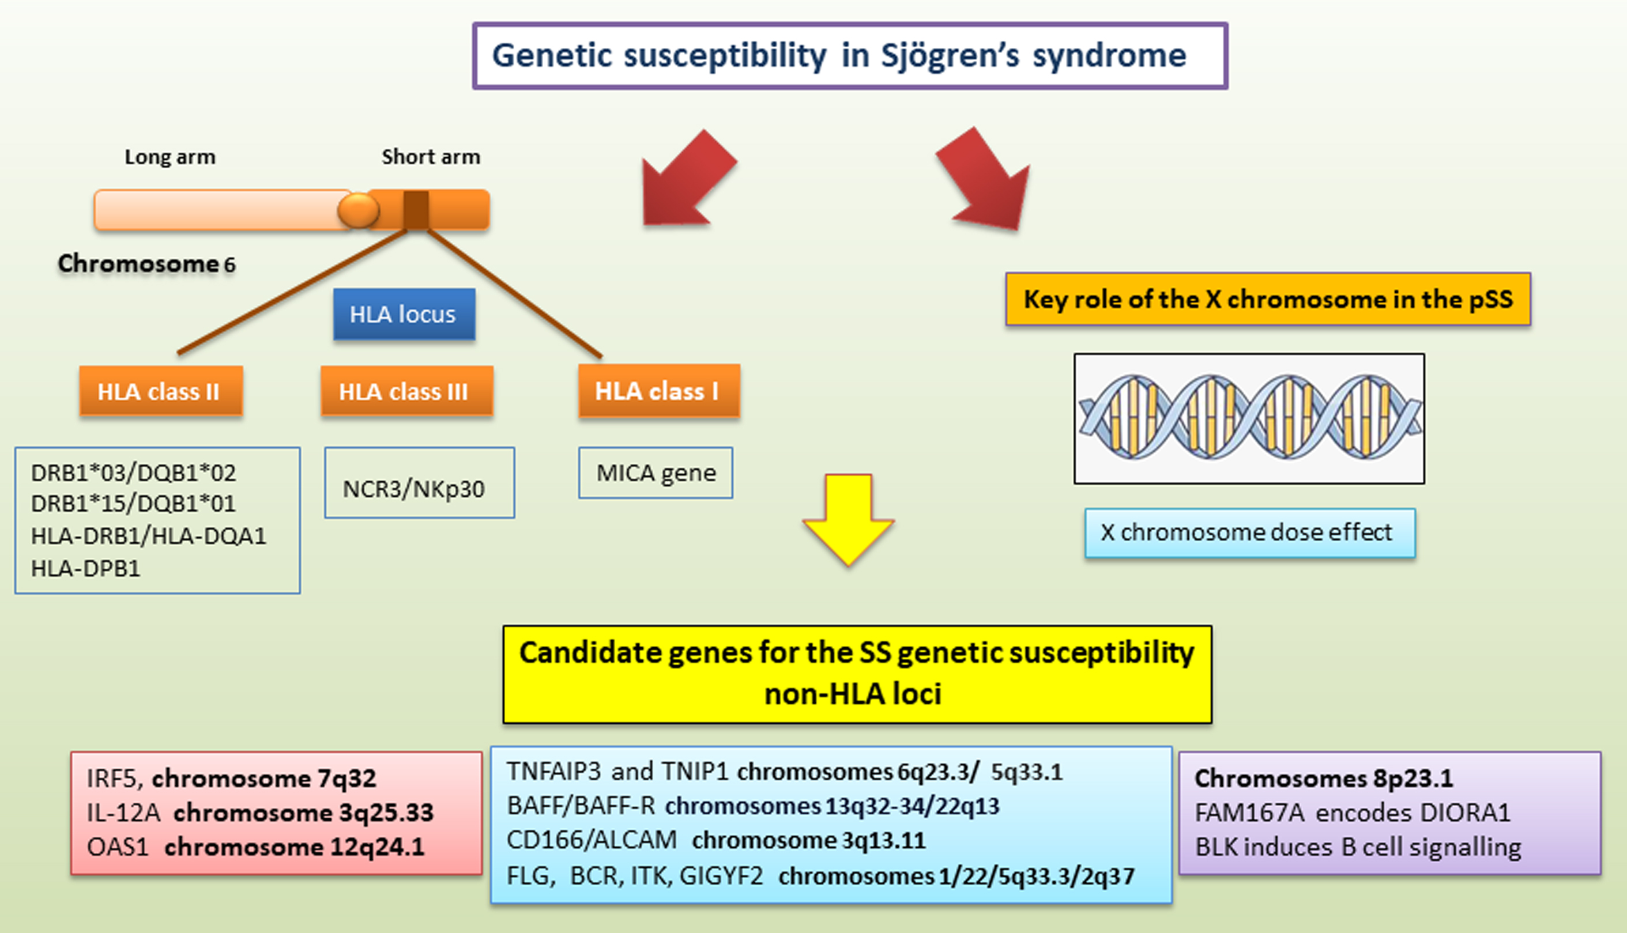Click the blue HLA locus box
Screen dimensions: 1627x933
point(404,314)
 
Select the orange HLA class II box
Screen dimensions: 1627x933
point(161,391)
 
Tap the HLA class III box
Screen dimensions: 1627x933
point(407,391)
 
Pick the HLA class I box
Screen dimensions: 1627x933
point(659,391)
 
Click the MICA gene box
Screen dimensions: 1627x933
point(656,473)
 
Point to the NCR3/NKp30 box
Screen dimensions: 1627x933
point(419,482)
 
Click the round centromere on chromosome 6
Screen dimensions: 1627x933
point(359,210)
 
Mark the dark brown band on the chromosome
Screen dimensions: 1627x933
point(416,210)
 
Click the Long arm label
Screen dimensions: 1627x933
point(170,157)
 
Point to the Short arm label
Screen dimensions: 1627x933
point(431,157)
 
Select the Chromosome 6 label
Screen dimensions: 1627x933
point(147,263)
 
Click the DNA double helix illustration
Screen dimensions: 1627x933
point(1249,418)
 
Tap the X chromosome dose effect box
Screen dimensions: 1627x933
point(1250,533)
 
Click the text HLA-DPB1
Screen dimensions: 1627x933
point(85,568)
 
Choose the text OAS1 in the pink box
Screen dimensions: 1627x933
point(117,847)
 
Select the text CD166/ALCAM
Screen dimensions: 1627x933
point(592,840)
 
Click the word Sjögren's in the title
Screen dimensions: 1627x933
point(950,56)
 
